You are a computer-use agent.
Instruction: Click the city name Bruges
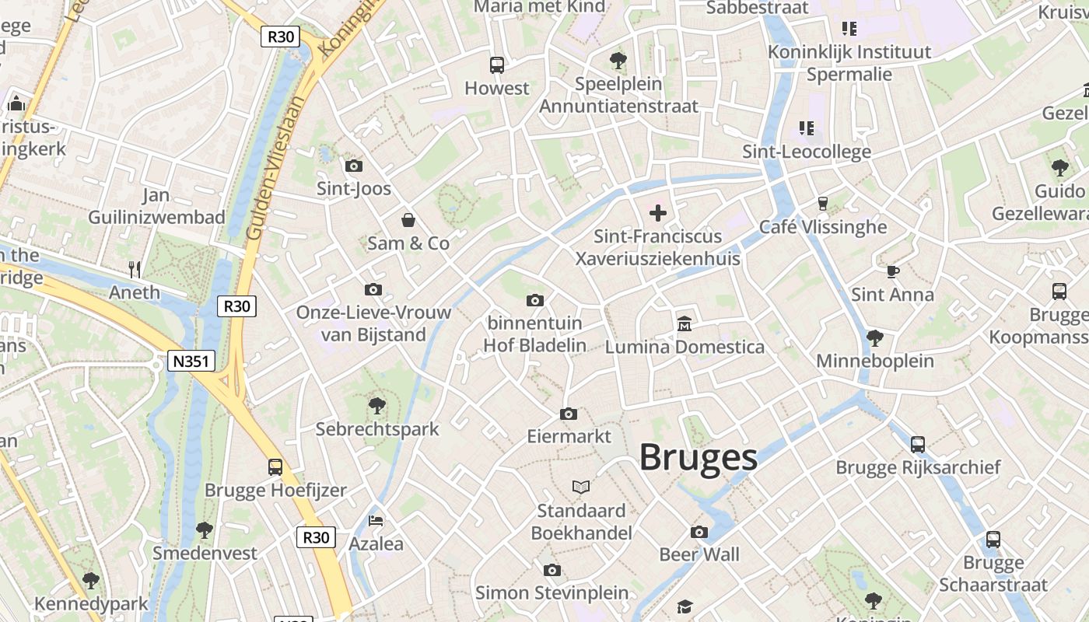click(x=699, y=458)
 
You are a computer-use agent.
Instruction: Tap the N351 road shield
click(x=191, y=361)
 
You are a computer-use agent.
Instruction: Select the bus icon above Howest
click(x=496, y=65)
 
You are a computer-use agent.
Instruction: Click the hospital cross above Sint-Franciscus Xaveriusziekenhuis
click(x=658, y=212)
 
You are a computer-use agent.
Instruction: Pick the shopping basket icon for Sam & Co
click(x=408, y=220)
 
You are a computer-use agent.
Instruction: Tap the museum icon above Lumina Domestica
click(x=685, y=323)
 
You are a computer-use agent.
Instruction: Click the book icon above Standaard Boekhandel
click(x=580, y=487)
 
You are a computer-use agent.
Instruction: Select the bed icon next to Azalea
click(x=376, y=521)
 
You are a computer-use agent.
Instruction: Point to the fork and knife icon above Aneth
click(x=135, y=270)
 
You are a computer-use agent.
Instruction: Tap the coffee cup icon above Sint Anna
click(x=892, y=271)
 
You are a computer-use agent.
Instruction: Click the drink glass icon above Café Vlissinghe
click(x=822, y=204)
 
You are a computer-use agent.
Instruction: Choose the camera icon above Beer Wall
click(x=699, y=533)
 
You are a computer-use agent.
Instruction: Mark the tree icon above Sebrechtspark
click(x=377, y=405)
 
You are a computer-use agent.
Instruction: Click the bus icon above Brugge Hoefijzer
click(x=275, y=467)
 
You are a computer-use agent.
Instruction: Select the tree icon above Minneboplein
click(x=875, y=337)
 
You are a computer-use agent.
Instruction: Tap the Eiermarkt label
click(x=569, y=436)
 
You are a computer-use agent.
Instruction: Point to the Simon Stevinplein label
click(x=552, y=593)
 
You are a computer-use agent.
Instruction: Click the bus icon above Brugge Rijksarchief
click(x=918, y=445)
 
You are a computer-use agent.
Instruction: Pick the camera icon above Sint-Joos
click(x=353, y=166)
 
